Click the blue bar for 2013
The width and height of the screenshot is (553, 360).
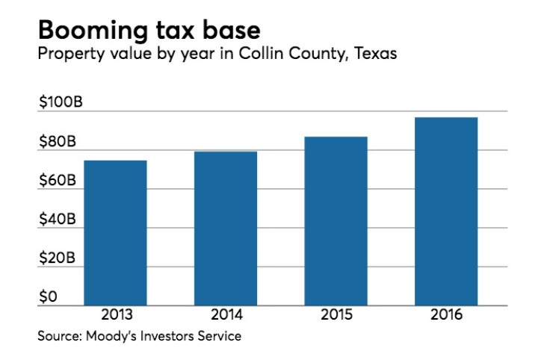pyautogui.click(x=115, y=233)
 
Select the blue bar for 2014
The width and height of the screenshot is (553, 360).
pyautogui.click(x=226, y=229)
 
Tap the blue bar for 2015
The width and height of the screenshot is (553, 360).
pyautogui.click(x=336, y=221)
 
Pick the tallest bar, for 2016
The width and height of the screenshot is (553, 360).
pyautogui.click(x=446, y=211)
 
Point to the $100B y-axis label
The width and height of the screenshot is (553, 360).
pyautogui.click(x=61, y=102)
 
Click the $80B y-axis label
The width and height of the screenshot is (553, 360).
pyautogui.click(x=58, y=141)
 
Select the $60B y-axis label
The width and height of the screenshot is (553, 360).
pyautogui.click(x=58, y=180)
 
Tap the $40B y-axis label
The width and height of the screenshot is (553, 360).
pyautogui.click(x=58, y=219)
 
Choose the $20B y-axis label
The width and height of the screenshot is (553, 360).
pyautogui.click(x=57, y=258)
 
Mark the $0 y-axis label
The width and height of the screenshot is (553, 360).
pyautogui.click(x=48, y=297)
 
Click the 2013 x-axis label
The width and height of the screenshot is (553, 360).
pyautogui.click(x=117, y=314)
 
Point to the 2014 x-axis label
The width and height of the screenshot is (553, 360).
pyautogui.click(x=226, y=314)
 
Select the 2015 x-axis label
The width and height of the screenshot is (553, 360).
pyautogui.click(x=336, y=314)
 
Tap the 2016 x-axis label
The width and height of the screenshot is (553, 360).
pyautogui.click(x=446, y=314)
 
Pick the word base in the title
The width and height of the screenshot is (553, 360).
pyautogui.click(x=232, y=31)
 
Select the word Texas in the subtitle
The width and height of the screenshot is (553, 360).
pyautogui.click(x=376, y=54)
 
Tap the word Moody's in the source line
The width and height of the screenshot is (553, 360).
pyautogui.click(x=111, y=336)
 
